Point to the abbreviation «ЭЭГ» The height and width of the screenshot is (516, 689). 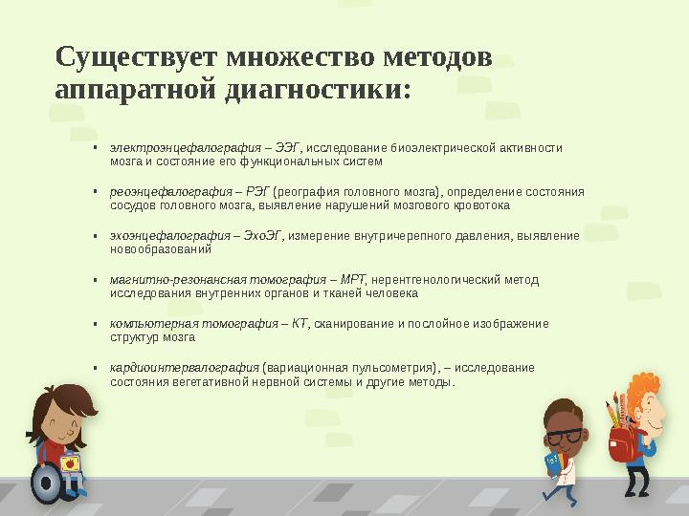coord(287,148)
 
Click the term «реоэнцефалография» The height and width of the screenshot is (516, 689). coord(171,191)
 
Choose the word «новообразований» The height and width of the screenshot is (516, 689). coord(160,248)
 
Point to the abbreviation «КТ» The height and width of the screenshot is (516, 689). coord(300,324)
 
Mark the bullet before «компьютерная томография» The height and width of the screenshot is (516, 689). coord(96,324)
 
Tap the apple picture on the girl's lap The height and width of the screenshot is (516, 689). coord(69,463)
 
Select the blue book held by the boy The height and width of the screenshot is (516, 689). coord(552,462)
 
